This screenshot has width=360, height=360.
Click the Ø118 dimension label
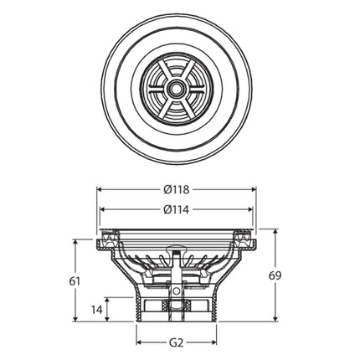tap(177, 190)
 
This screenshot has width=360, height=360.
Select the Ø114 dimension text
tap(177, 209)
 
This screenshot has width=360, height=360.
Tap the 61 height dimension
tap(75, 281)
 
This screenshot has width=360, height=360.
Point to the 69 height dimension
tap(275, 275)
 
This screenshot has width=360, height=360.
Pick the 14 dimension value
tap(97, 310)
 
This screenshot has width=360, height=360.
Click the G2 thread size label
tap(177, 342)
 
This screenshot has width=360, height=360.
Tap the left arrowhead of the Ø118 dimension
tap(99, 189)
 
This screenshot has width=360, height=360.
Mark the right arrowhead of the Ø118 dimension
tap(254, 189)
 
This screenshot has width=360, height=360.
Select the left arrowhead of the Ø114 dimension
tap(102, 209)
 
